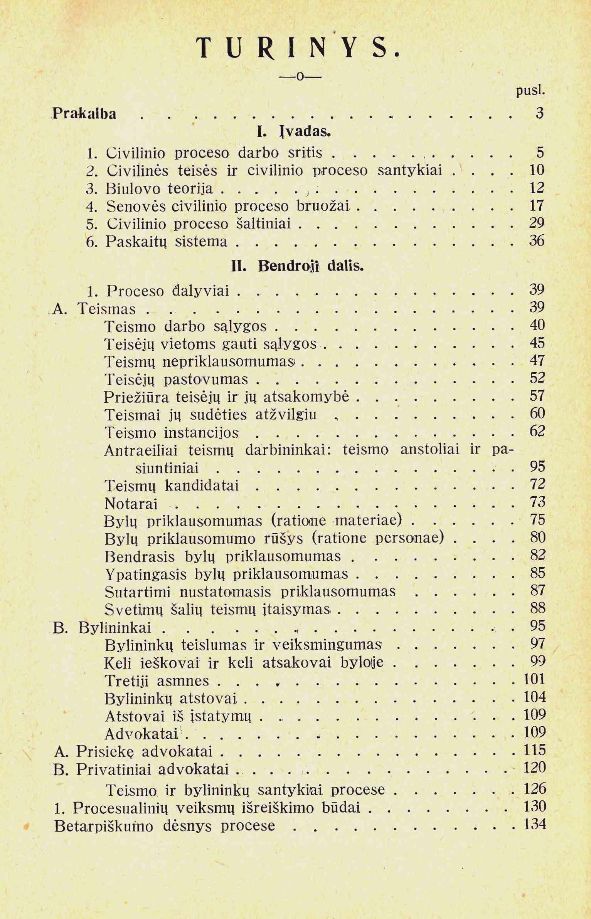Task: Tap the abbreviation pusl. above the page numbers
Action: (x=530, y=91)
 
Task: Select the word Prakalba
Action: (x=84, y=114)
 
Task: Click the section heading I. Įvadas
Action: (x=294, y=132)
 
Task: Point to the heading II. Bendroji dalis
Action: (x=297, y=266)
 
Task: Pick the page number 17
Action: (x=537, y=205)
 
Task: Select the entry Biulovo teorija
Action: (x=159, y=188)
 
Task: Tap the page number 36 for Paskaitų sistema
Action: (x=537, y=241)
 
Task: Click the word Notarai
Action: (x=131, y=504)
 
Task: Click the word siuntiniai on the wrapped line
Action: (x=167, y=468)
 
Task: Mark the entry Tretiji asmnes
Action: (x=157, y=681)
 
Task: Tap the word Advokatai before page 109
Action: (x=141, y=734)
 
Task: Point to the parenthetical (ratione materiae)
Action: (x=337, y=520)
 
